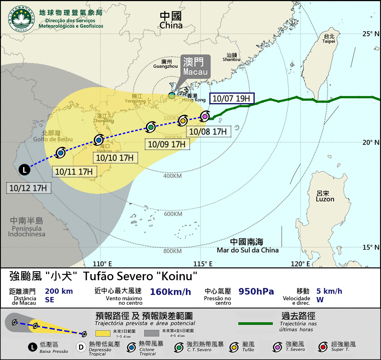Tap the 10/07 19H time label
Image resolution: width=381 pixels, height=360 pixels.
click(232, 99)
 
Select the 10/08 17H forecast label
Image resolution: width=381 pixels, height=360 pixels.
click(208, 131)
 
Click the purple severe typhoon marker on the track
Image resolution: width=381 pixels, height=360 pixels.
click(205, 117)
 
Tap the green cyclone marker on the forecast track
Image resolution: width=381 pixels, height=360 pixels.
click(151, 127)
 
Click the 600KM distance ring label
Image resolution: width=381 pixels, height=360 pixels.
click(173, 214)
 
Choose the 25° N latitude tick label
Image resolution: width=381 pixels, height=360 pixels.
click(372, 34)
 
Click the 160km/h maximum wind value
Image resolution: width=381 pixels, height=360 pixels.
click(170, 292)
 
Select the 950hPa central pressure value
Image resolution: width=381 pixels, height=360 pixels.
click(256, 292)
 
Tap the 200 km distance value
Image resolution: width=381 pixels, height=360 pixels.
click(59, 291)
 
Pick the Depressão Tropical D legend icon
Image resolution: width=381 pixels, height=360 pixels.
click(81, 347)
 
